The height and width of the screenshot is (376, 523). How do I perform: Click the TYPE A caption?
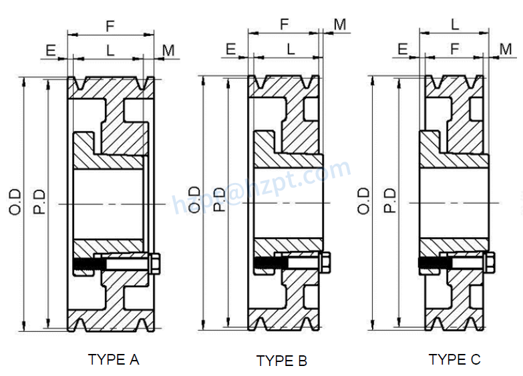click(114, 359)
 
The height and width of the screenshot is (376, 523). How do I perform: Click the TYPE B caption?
click(282, 361)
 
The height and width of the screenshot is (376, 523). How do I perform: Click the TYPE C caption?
click(454, 359)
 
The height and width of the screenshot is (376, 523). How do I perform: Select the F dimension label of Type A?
click(110, 26)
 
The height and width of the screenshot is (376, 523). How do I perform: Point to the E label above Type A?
click(50, 49)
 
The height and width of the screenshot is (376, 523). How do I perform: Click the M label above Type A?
click(168, 49)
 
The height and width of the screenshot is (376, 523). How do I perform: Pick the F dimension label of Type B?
click(285, 25)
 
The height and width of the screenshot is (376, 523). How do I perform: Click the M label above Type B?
click(340, 25)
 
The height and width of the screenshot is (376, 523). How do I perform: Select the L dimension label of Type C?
click(455, 25)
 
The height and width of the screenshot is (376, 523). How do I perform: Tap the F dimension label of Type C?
click(455, 49)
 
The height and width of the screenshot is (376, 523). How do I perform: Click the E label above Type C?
click(403, 49)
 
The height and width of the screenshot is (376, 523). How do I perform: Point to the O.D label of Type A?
click(15, 202)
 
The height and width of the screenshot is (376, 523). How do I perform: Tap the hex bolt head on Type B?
click(326, 264)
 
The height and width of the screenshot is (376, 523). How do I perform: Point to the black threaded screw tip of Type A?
click(85, 265)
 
